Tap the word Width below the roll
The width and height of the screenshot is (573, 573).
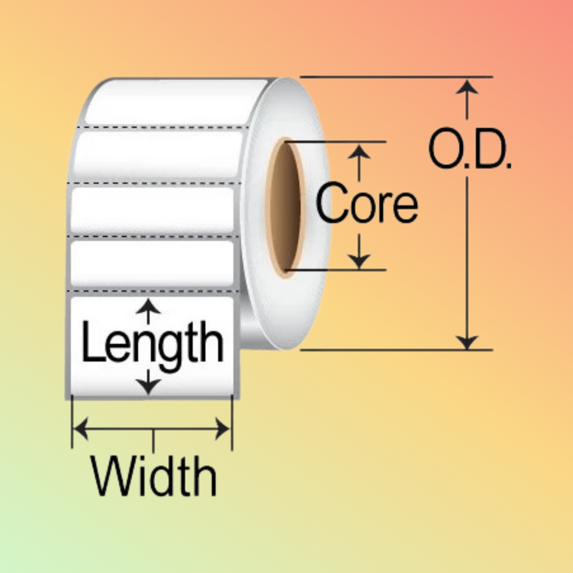pyautogui.click(x=154, y=476)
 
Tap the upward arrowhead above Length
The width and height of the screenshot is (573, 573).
pyautogui.click(x=148, y=306)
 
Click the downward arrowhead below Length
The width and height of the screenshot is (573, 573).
pyautogui.click(x=148, y=386)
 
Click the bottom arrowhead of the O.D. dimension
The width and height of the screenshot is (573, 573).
pyautogui.click(x=467, y=342)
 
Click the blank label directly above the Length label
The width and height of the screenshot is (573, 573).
pyautogui.click(x=152, y=264)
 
